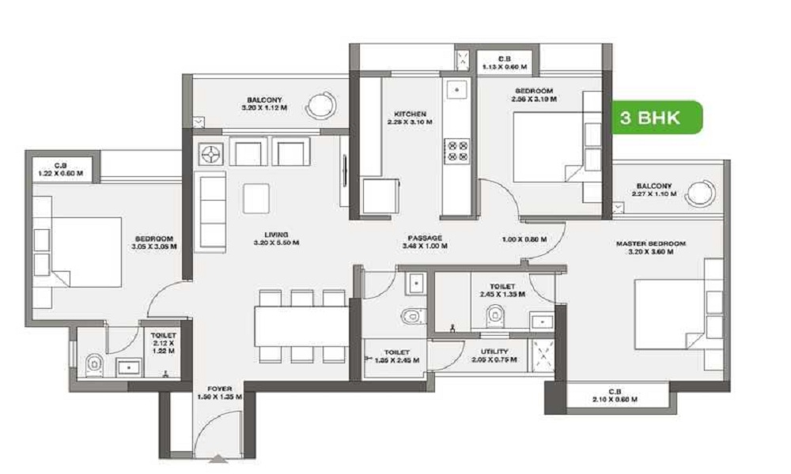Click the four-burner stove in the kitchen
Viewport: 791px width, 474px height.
(x=456, y=149)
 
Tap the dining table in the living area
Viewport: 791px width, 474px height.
(x=301, y=325)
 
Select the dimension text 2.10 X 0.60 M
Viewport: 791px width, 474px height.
(x=614, y=400)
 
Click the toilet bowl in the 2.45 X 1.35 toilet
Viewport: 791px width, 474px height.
(x=495, y=315)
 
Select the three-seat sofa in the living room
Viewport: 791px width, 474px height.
(x=210, y=211)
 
